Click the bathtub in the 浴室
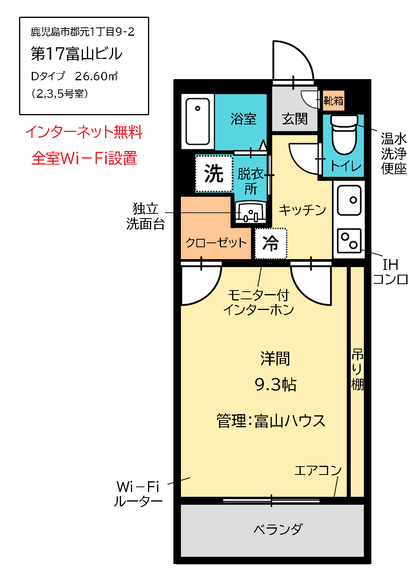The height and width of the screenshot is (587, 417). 198,121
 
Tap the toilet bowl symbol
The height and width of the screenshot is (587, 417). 344,135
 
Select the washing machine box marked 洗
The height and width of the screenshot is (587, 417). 214,174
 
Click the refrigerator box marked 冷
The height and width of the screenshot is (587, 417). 271,243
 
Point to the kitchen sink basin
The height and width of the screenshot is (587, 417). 349,200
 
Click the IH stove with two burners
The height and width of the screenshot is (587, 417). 349,241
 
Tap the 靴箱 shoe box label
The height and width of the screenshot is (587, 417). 333,101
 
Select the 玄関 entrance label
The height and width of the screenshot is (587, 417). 295,118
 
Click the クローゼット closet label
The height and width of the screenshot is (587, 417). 216,242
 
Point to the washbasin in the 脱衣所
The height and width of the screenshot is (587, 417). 250,212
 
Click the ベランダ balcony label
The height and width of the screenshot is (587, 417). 278,529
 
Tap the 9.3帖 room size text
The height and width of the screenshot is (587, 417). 275,385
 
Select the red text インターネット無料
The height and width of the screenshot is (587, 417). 84,132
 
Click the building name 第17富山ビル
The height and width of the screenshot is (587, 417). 77,54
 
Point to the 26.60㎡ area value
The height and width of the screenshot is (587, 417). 96,76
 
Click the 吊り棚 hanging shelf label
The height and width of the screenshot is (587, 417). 357,369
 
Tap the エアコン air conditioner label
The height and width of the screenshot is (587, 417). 318,471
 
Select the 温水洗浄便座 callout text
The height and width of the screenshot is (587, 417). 394,154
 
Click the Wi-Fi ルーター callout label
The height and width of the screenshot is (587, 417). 138,494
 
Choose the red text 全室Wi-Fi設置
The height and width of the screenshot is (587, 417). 84,158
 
